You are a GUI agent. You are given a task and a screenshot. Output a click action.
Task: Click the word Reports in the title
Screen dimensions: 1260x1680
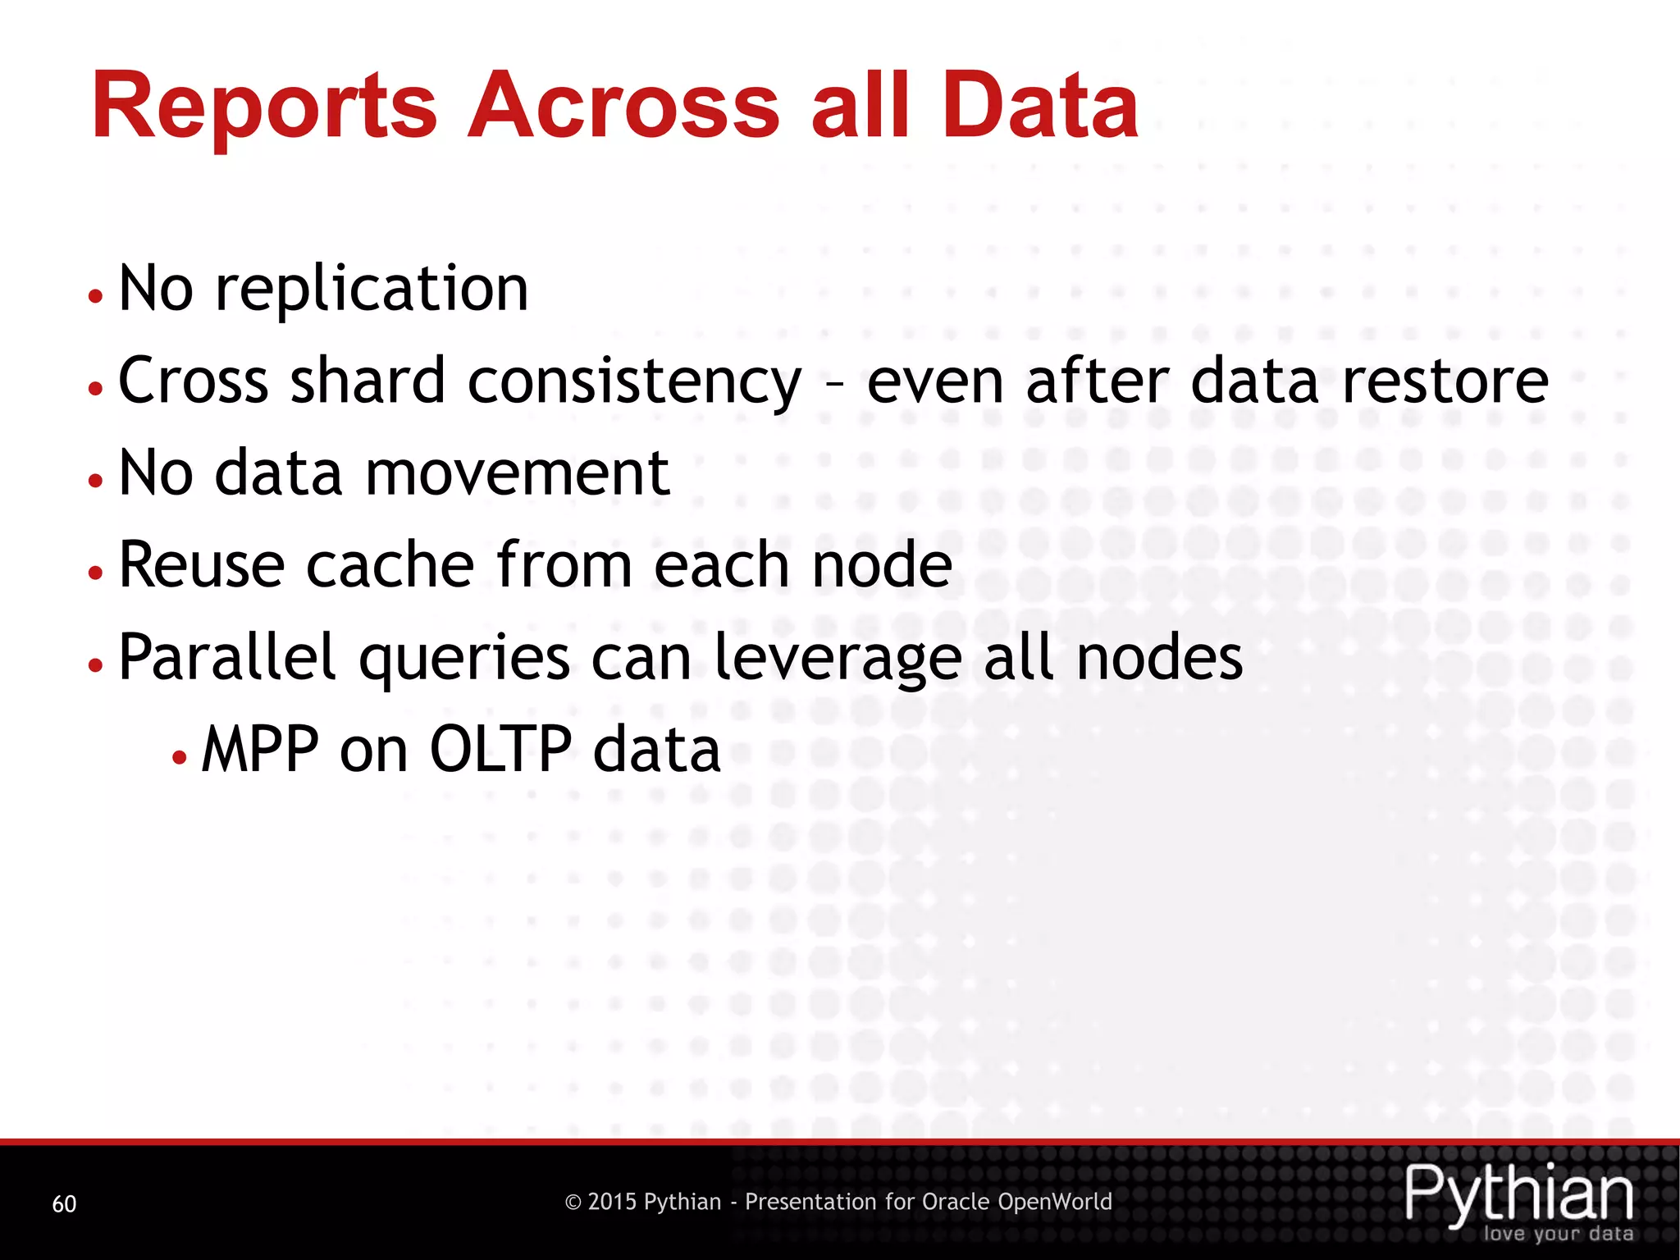[264, 107]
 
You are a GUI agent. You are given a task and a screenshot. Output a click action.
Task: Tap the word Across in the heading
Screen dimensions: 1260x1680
[623, 107]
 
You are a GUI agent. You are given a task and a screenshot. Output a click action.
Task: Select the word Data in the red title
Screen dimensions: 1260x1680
[1039, 107]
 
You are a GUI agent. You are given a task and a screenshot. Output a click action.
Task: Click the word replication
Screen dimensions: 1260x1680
[372, 290]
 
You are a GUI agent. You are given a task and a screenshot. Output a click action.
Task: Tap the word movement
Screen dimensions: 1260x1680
[517, 473]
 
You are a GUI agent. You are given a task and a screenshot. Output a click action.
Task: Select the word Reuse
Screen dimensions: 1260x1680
[202, 565]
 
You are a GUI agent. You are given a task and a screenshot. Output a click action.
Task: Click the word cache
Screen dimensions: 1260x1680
[390, 565]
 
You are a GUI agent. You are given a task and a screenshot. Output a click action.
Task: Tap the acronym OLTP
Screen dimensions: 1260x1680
[500, 750]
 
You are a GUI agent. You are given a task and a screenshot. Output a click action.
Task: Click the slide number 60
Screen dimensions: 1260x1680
[64, 1203]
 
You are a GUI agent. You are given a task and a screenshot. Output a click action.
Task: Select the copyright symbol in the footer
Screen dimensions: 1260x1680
[573, 1203]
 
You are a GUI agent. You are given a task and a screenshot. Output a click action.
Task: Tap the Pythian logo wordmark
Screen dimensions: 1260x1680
[1518, 1194]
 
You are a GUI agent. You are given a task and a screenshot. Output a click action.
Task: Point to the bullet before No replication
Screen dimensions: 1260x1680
[96, 296]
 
